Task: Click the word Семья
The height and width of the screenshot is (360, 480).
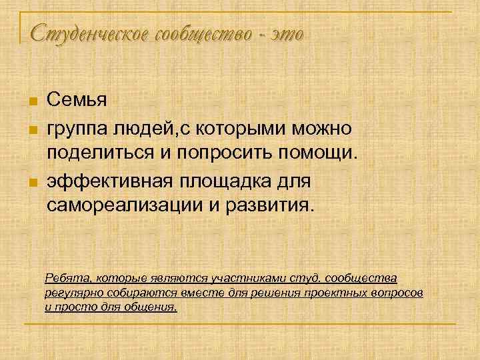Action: (77, 100)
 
